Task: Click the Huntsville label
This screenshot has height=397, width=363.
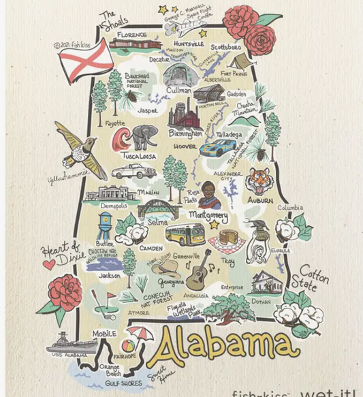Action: (187, 44)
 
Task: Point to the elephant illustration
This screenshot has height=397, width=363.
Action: (145, 137)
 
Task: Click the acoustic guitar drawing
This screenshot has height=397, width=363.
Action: (200, 267)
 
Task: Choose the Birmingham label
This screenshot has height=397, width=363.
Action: (185, 134)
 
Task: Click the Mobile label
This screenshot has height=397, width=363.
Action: (105, 334)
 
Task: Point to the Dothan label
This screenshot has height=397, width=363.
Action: (259, 300)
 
